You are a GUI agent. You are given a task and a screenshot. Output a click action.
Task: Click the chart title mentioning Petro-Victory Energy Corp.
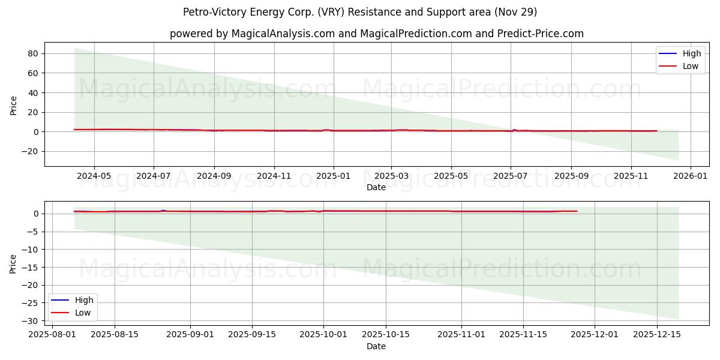(360, 12)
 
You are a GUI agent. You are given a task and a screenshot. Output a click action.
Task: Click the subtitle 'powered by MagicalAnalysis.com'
(376, 34)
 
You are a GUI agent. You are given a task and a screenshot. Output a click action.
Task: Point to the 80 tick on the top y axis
(33, 53)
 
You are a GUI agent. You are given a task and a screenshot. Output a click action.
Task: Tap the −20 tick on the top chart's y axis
(30, 151)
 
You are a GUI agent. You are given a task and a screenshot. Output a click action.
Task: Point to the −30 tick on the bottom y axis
(30, 321)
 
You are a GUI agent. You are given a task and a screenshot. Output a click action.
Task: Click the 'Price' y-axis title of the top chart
(14, 104)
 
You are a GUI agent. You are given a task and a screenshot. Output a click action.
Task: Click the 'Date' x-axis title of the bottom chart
(376, 346)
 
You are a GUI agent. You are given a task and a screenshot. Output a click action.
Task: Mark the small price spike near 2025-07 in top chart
(514, 130)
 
